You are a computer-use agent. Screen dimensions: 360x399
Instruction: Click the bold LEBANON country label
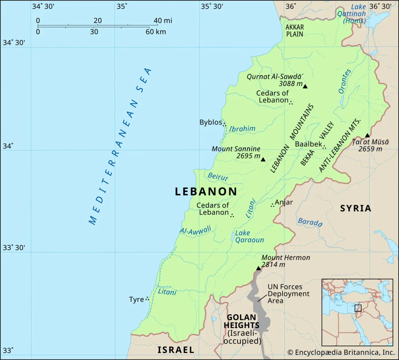point(206,191)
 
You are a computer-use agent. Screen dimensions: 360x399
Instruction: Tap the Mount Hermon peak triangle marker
point(258,268)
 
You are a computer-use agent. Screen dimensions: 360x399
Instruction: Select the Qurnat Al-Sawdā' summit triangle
point(305,86)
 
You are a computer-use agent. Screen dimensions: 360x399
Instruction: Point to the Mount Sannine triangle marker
point(263,160)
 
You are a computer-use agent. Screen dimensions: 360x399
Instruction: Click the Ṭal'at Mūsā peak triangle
point(367,135)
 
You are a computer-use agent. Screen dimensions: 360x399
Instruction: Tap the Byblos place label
point(210,122)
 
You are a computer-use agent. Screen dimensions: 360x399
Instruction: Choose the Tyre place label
point(136,300)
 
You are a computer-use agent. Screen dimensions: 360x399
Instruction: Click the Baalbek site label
point(309,144)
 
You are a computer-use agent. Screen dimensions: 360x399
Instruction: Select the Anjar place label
point(284,202)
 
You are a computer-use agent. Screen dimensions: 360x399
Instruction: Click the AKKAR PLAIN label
point(295,31)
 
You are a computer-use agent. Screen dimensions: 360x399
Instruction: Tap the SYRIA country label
point(356,208)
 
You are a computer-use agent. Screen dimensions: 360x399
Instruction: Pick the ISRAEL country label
point(176,350)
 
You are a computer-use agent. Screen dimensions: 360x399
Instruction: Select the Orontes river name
point(344,81)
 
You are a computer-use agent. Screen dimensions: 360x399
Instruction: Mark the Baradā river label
point(310,222)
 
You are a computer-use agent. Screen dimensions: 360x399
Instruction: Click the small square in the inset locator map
point(358,308)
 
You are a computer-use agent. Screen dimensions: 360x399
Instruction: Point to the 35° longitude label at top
point(122,6)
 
